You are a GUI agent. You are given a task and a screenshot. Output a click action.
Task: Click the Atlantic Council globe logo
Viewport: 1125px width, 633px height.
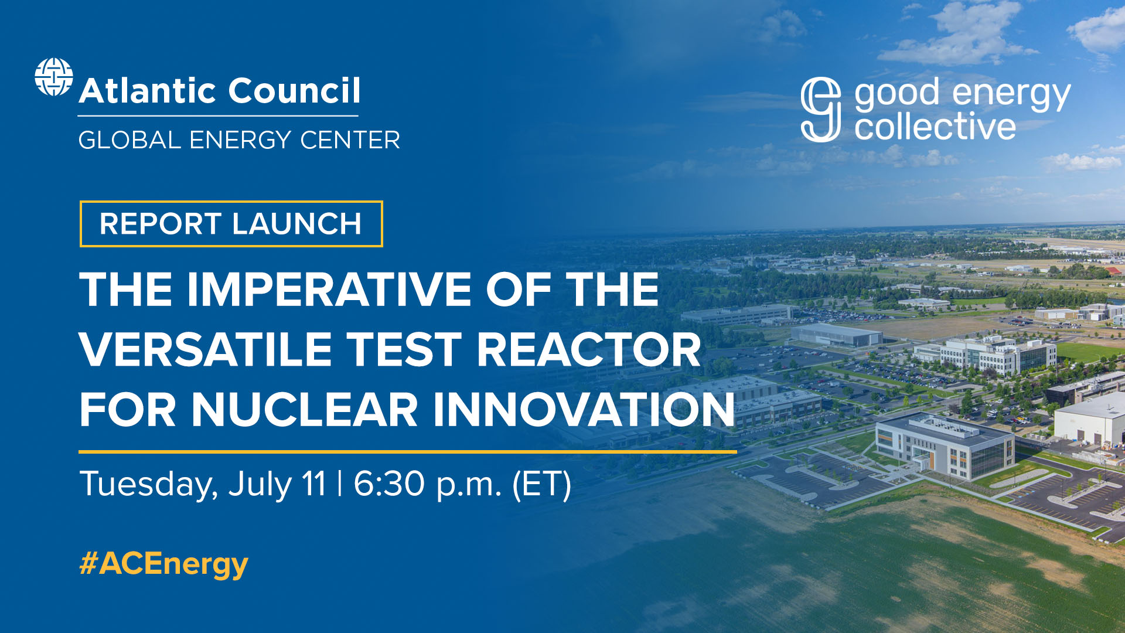click(x=53, y=77)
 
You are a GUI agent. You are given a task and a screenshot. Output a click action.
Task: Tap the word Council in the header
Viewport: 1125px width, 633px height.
click(x=294, y=91)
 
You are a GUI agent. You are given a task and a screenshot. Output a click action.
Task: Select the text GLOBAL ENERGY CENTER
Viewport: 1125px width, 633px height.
click(x=239, y=140)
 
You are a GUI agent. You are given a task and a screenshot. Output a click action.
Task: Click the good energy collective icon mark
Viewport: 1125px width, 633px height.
click(x=820, y=110)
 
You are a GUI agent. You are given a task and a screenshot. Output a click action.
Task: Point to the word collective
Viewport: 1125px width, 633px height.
click(x=935, y=127)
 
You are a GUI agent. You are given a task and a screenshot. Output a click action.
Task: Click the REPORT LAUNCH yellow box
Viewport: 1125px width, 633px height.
click(x=231, y=224)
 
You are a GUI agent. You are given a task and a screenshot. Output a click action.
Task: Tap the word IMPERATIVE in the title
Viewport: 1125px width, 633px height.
click(x=329, y=290)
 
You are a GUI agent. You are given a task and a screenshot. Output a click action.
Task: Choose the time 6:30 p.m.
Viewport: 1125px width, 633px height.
click(x=427, y=484)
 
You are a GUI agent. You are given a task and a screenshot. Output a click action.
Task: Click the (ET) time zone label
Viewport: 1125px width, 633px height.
click(x=541, y=484)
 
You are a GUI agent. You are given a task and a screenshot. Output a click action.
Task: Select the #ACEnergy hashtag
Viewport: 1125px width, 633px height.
click(x=164, y=564)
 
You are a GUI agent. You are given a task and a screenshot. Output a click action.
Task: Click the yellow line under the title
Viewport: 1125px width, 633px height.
click(x=407, y=452)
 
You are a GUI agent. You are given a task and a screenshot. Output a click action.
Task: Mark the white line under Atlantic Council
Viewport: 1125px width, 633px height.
click(x=218, y=116)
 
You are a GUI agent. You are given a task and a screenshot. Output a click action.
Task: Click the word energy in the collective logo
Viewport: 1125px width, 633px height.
click(x=1011, y=94)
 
